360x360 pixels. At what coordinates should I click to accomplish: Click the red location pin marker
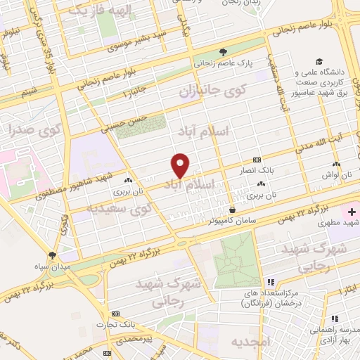click(181, 165)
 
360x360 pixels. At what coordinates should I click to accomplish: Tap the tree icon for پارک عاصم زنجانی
click(224, 51)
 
